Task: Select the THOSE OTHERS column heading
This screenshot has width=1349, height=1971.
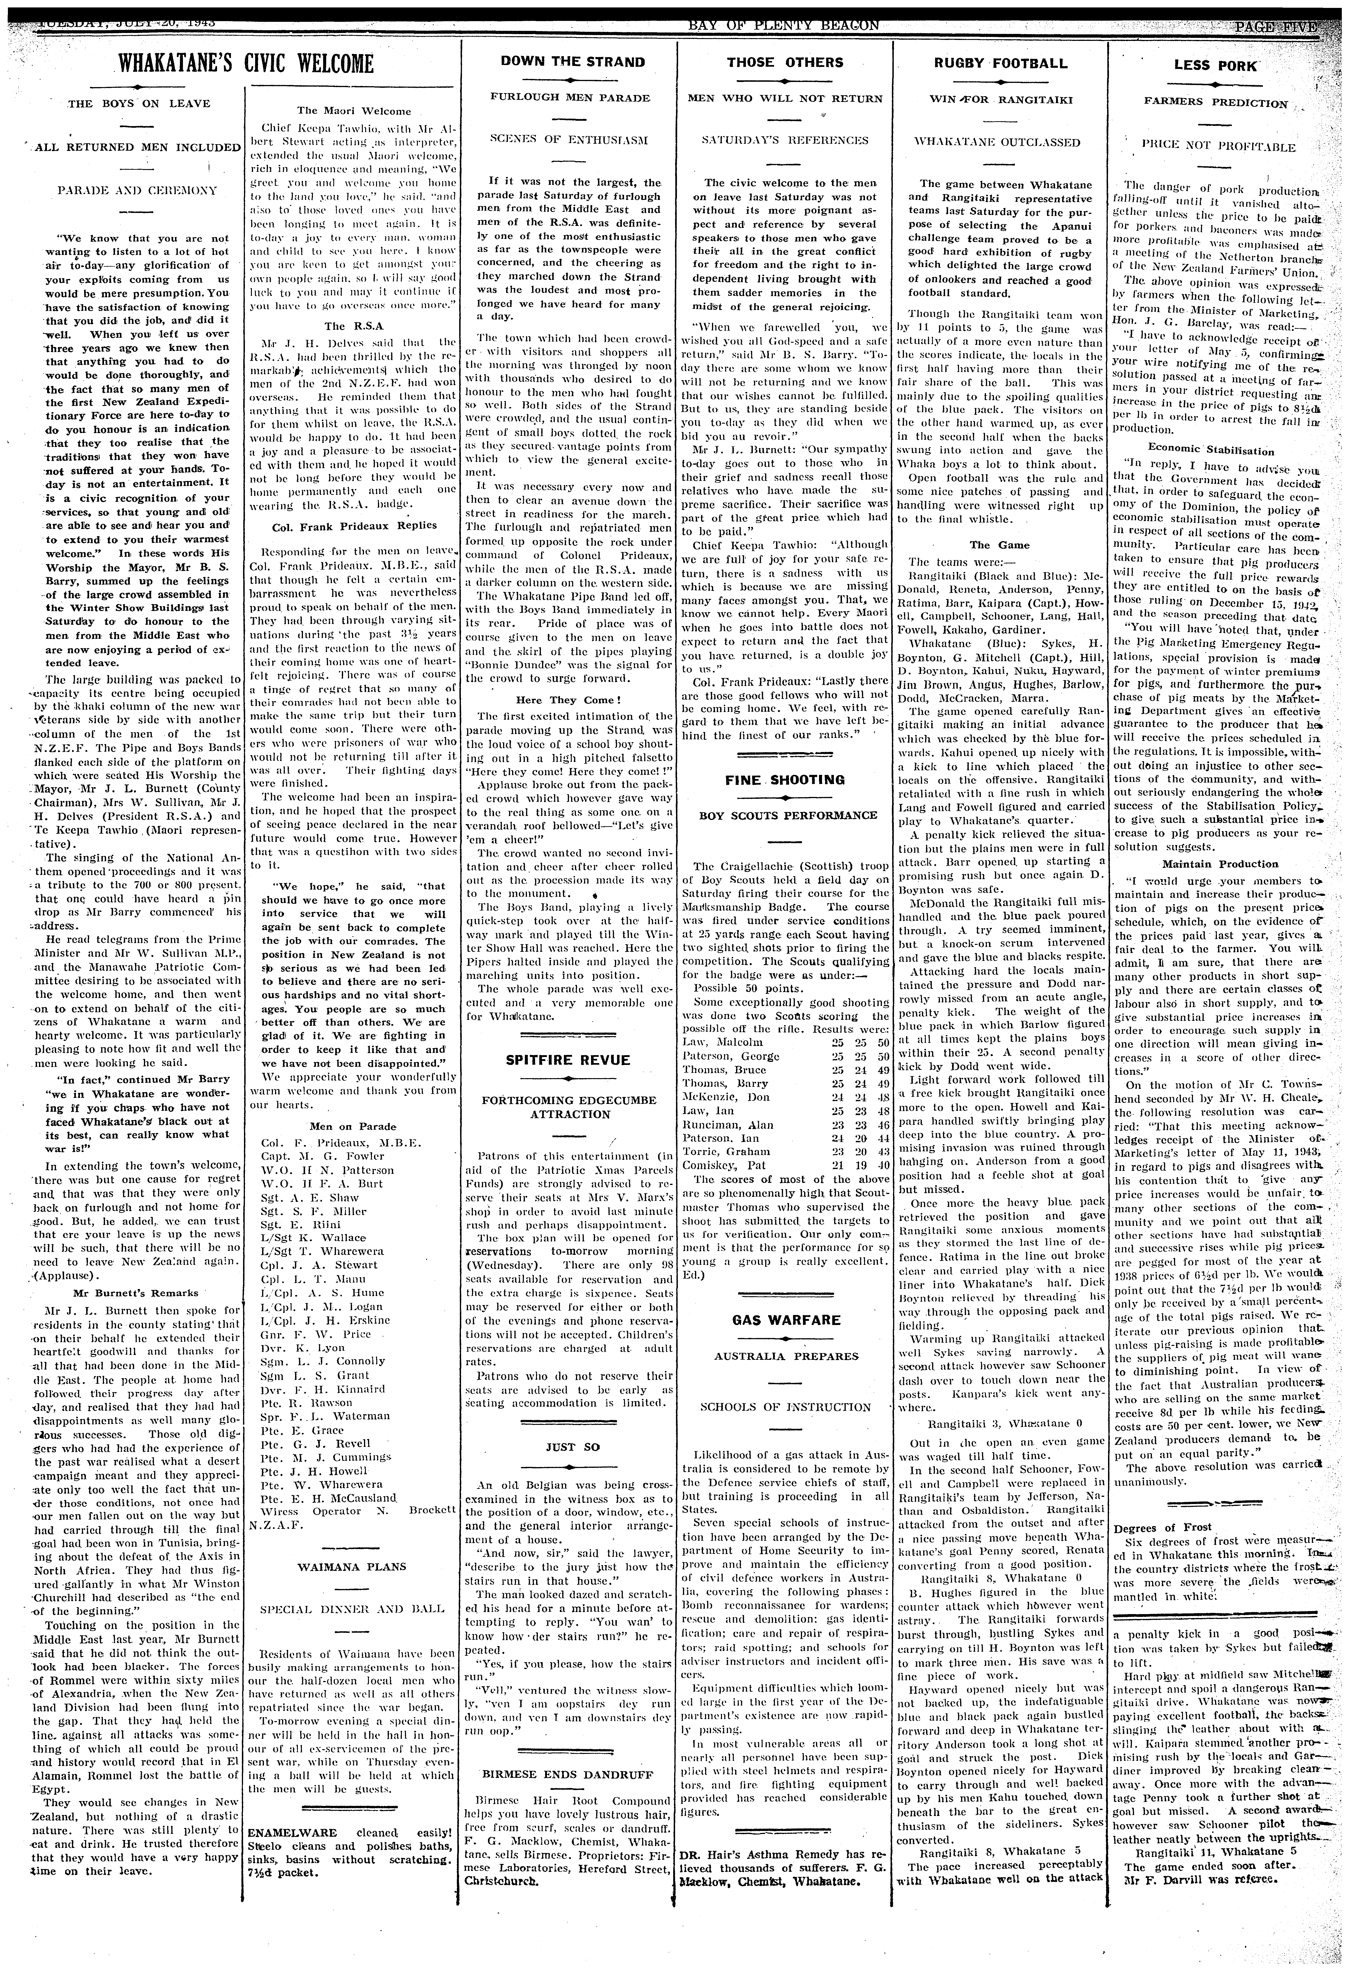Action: click(x=784, y=62)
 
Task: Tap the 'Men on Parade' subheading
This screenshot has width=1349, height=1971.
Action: click(x=353, y=1126)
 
